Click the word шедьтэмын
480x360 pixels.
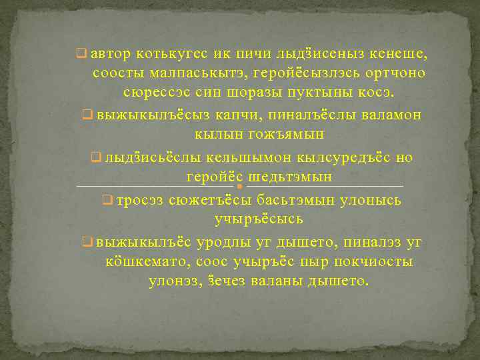coord(291,177)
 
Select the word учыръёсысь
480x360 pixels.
coord(259,219)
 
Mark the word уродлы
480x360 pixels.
coord(227,243)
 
